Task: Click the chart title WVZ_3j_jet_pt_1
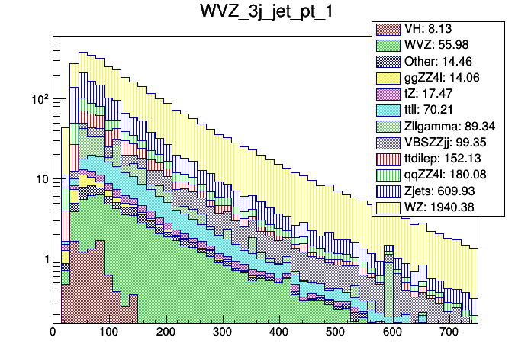(x=265, y=14)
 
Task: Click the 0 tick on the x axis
(x=53, y=333)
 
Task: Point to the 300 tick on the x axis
(x=222, y=333)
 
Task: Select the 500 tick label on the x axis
(x=336, y=333)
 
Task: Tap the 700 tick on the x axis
(x=449, y=333)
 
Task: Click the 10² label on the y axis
(x=39, y=99)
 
